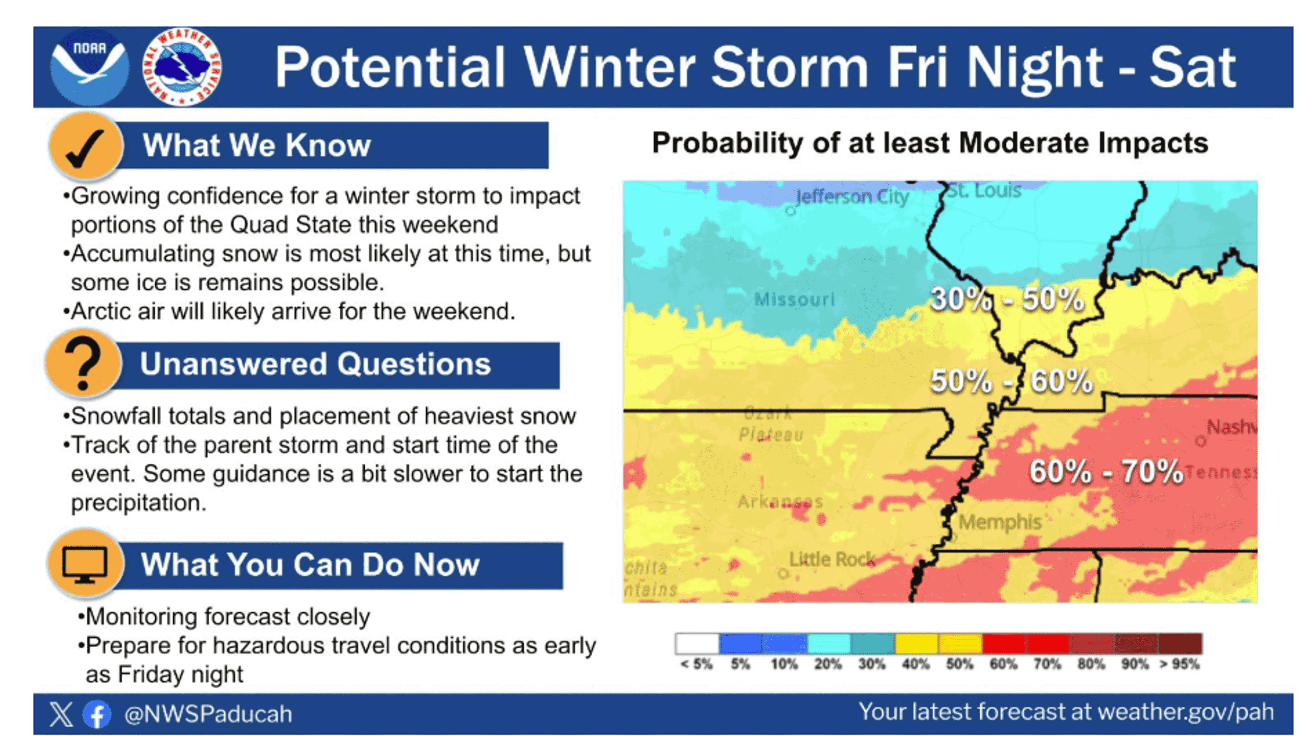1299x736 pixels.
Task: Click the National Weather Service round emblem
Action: (x=182, y=67)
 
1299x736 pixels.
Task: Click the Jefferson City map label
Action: (x=852, y=197)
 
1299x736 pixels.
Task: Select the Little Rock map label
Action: (x=832, y=560)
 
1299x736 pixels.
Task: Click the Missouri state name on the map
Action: (x=794, y=299)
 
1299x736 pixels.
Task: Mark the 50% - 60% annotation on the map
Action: (x=1011, y=381)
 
